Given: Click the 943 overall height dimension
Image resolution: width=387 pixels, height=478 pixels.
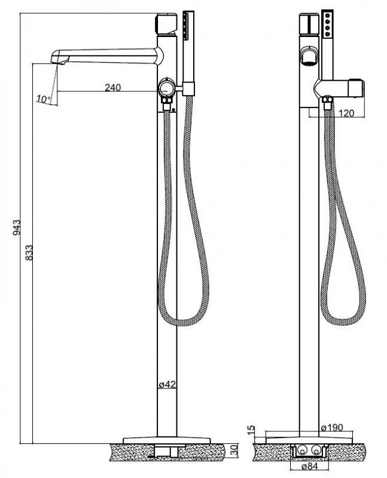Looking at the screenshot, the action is point(17,227).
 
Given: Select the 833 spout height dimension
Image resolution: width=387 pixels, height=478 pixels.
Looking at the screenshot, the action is point(29,252).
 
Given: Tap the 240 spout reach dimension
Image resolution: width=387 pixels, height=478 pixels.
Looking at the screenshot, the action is point(113,87).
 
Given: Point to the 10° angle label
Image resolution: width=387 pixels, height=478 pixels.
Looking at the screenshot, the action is point(44,99).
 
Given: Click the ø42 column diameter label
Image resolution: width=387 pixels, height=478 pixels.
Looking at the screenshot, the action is point(167,384).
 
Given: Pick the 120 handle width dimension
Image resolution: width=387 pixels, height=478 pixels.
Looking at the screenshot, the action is point(346,114).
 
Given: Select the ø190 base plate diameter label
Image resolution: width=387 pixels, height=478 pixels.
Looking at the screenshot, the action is point(332,428).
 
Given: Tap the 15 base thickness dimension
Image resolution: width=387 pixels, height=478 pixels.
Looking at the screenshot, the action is point(251,430).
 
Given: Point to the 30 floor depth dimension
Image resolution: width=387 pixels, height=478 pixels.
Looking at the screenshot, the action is point(234,451).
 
